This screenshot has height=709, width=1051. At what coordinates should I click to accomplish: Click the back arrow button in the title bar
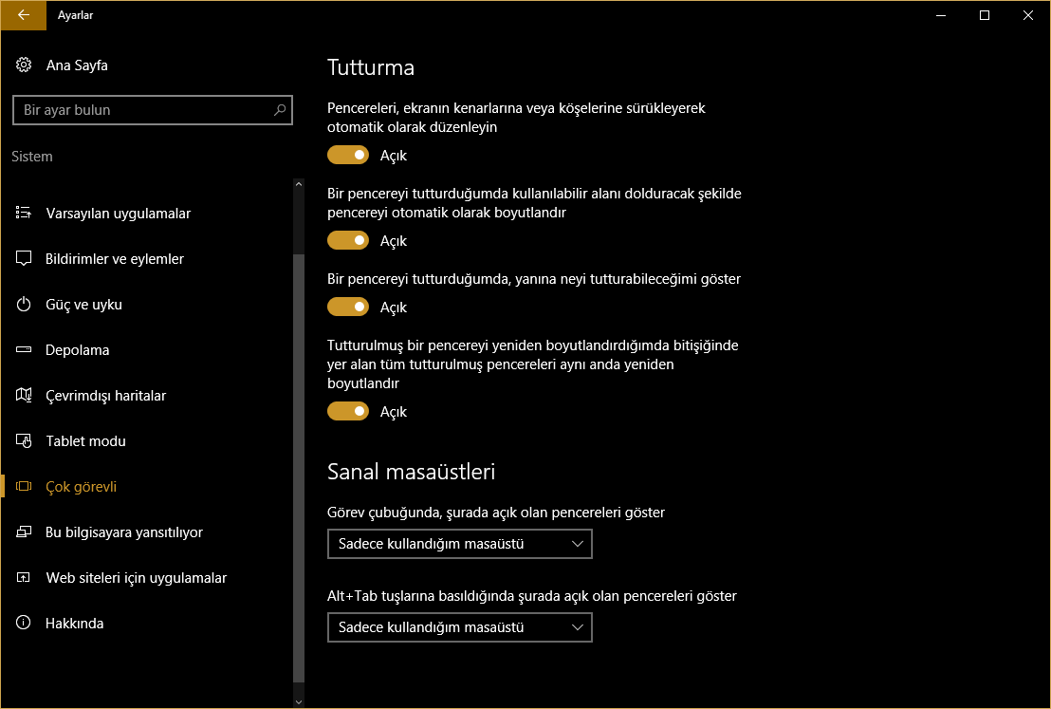click(x=24, y=15)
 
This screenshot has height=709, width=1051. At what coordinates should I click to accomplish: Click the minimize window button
click(x=941, y=15)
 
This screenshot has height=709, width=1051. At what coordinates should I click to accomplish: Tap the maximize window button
click(x=985, y=15)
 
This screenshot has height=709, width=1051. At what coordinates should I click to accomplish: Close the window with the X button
click(x=1028, y=15)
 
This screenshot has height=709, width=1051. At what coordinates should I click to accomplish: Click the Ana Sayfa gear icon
click(x=24, y=65)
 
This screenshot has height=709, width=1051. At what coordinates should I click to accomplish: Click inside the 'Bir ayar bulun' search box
click(x=142, y=110)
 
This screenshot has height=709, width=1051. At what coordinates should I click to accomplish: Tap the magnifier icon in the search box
click(x=280, y=110)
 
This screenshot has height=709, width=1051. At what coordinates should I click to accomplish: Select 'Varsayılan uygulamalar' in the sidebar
click(x=118, y=214)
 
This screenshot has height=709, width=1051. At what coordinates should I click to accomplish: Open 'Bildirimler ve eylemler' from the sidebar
click(x=114, y=259)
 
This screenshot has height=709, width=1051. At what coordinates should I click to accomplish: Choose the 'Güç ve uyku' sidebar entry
click(x=83, y=305)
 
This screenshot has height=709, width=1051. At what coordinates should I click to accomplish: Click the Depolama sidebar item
click(x=77, y=350)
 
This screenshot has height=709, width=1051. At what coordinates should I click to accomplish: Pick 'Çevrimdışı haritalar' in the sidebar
click(x=105, y=396)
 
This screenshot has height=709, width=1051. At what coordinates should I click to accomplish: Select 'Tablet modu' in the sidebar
click(x=85, y=441)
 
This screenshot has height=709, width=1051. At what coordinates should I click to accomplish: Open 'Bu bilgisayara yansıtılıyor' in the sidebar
click(x=123, y=532)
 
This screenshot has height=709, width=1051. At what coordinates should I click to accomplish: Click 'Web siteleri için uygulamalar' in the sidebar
click(x=136, y=578)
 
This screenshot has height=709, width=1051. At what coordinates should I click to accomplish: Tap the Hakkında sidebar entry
click(x=74, y=624)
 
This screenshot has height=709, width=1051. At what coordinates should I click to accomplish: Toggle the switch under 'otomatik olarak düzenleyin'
click(x=348, y=155)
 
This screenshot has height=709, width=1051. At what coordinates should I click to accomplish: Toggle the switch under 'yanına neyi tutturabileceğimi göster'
click(x=348, y=307)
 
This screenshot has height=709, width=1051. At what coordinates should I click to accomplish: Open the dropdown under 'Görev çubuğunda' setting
click(x=459, y=544)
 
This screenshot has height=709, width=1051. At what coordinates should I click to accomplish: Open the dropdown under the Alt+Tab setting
click(x=459, y=627)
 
